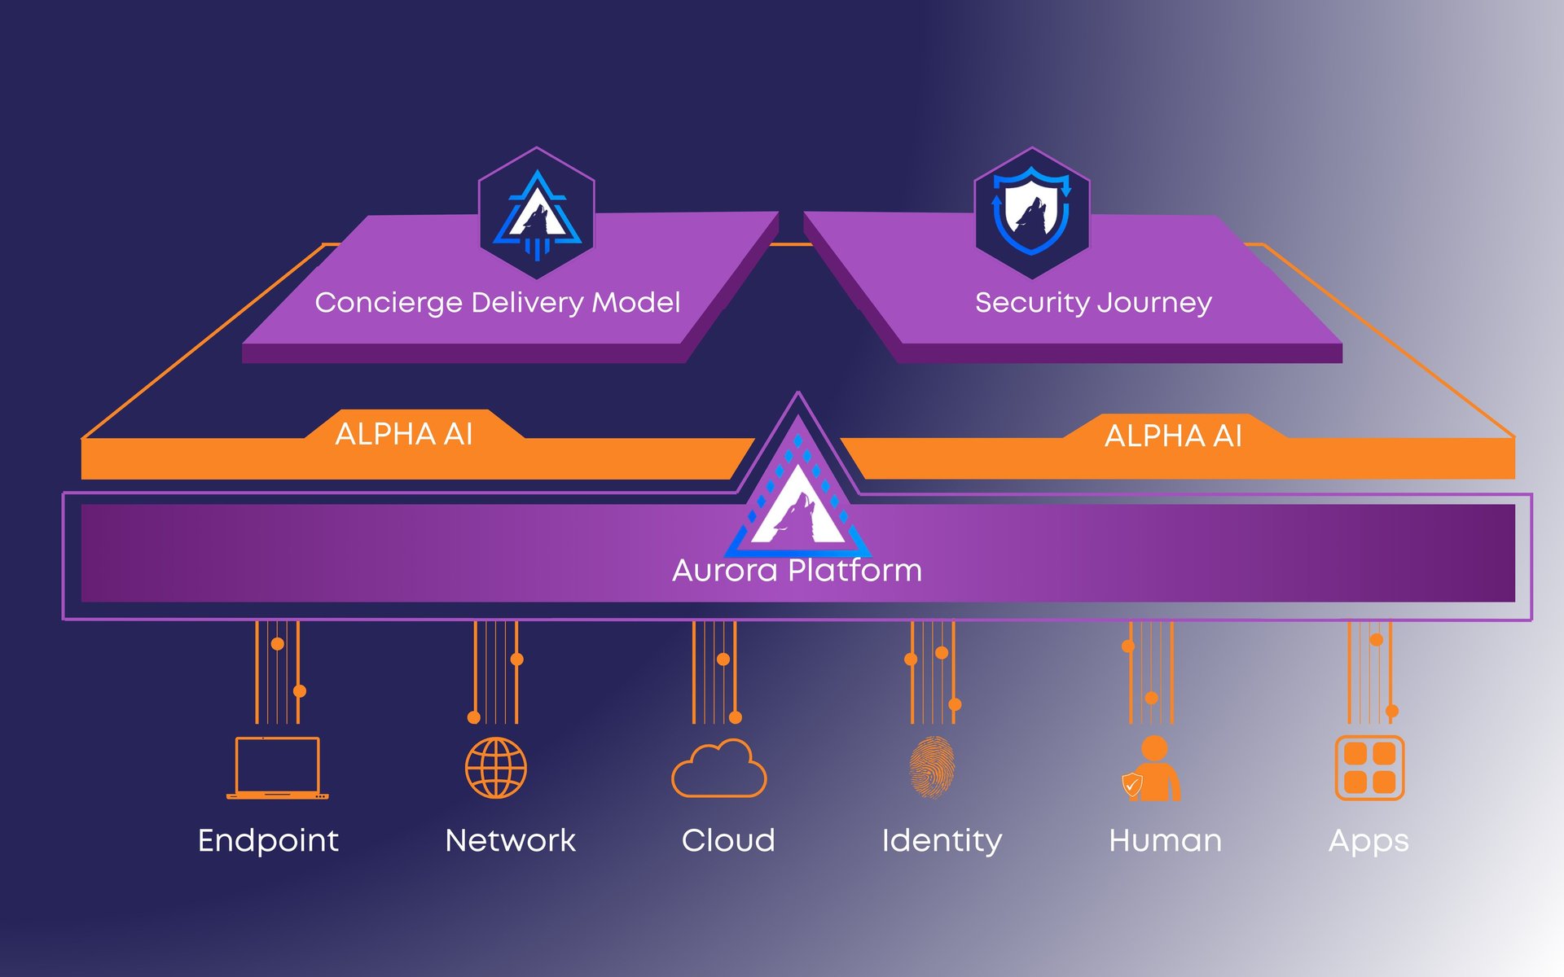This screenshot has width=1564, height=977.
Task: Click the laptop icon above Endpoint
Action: pyautogui.click(x=277, y=768)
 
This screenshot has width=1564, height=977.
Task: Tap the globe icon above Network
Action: pyautogui.click(x=496, y=768)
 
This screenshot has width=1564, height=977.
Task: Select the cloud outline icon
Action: pyautogui.click(x=718, y=769)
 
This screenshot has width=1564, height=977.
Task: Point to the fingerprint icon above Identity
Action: pyautogui.click(x=932, y=767)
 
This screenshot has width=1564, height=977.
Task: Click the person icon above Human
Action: pyautogui.click(x=1153, y=769)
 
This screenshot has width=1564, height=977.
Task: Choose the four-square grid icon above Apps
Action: pyautogui.click(x=1369, y=768)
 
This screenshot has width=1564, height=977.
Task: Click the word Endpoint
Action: pyautogui.click(x=268, y=841)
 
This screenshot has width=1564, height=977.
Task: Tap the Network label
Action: pyautogui.click(x=510, y=840)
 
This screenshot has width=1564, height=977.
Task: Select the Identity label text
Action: pyautogui.click(x=942, y=841)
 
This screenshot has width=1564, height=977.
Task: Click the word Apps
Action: pyautogui.click(x=1368, y=841)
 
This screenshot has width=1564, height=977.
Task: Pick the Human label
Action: pyautogui.click(x=1165, y=840)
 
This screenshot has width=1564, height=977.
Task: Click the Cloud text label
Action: pyautogui.click(x=728, y=840)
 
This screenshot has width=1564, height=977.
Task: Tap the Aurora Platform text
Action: pyautogui.click(x=797, y=570)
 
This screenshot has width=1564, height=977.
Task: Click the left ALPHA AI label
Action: pyautogui.click(x=404, y=434)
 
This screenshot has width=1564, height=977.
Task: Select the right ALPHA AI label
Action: pyautogui.click(x=1173, y=436)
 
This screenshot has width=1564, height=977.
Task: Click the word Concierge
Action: pyautogui.click(x=389, y=303)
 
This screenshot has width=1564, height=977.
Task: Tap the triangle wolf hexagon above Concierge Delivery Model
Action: pyautogui.click(x=536, y=213)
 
